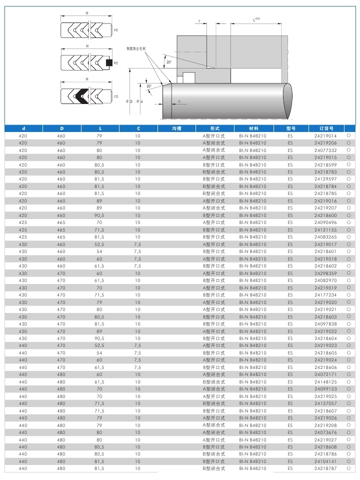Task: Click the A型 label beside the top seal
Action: [115, 30]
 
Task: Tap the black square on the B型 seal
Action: [109, 63]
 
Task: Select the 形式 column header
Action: [215, 128]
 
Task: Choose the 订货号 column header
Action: [325, 128]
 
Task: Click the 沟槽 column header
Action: [176, 128]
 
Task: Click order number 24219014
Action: [325, 136]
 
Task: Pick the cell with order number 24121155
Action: [325, 229]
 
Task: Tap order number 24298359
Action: [325, 273]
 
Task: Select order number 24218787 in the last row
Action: [325, 468]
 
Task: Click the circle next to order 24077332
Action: [348, 150]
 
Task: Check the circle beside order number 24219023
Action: [348, 345]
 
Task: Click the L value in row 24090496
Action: [99, 222]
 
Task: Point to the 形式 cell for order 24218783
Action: [213, 172]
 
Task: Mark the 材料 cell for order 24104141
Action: [252, 461]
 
